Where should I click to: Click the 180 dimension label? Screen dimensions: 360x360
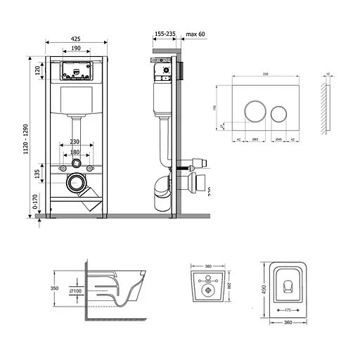point(75,153)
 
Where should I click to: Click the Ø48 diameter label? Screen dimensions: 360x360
point(279,141)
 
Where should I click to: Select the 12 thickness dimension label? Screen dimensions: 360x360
point(329,73)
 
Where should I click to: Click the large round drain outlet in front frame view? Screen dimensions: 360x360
point(75,184)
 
